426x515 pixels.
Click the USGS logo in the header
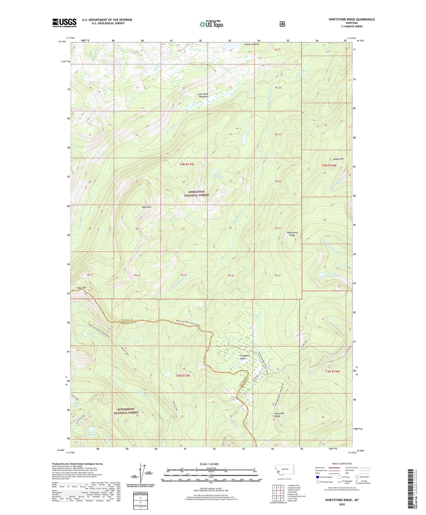(64, 23)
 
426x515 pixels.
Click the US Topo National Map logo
(211, 24)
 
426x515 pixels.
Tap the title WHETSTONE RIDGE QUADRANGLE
(352, 19)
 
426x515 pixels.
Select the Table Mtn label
(147, 207)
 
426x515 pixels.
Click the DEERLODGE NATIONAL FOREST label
(196, 193)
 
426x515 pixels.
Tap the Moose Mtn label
(338, 159)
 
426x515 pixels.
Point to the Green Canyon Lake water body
(321, 275)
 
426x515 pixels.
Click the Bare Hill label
(82, 287)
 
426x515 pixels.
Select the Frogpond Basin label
(245, 357)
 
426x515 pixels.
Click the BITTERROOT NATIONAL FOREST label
(126, 411)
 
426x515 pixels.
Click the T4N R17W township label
(186, 164)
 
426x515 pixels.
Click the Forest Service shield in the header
(282, 24)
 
